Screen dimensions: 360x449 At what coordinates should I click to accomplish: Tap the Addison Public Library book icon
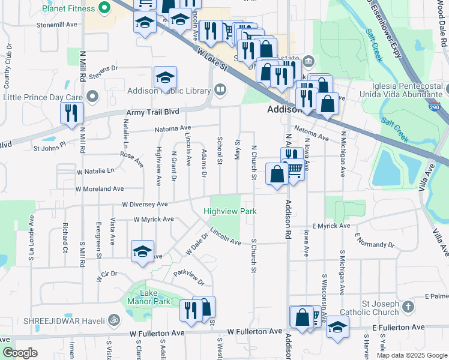tap(220, 91)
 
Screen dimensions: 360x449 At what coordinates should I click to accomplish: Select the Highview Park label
tap(230, 211)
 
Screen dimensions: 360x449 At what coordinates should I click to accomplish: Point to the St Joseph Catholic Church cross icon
tap(408, 307)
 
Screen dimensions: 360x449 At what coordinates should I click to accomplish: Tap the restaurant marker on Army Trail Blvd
tap(71, 113)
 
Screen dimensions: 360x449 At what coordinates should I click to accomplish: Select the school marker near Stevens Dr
tap(165, 77)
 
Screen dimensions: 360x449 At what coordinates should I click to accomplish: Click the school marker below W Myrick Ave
tap(142, 251)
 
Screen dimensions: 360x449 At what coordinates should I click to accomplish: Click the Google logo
tap(20, 353)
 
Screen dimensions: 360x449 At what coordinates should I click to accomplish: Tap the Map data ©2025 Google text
tap(411, 355)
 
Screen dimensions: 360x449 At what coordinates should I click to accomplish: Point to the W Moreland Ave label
tap(99, 189)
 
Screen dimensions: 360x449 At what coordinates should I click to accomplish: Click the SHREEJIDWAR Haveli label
tap(56, 321)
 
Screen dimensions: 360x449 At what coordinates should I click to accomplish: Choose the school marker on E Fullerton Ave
tap(337, 328)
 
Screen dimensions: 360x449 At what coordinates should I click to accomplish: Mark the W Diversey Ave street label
tap(145, 204)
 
